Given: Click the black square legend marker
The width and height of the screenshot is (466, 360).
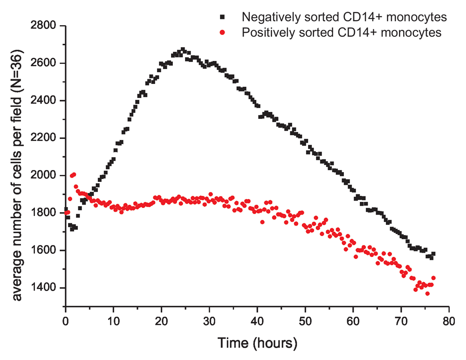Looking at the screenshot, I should pos(223,17).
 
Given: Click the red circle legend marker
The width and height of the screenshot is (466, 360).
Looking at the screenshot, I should pos(223,32).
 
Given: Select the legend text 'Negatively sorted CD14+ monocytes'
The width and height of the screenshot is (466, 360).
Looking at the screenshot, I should pos(344,17).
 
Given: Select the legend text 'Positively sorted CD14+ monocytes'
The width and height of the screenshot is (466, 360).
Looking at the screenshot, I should pos(341,32).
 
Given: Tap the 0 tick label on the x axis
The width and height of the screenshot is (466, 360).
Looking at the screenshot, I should pos(66,321).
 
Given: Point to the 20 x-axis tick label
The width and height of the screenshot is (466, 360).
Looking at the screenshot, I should pos(161,321).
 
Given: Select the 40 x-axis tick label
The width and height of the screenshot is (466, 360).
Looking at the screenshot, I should pos(257,321).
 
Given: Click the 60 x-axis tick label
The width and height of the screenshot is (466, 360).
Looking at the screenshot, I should pos(353,321).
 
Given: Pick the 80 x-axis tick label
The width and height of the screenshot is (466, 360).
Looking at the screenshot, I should pos(448,321).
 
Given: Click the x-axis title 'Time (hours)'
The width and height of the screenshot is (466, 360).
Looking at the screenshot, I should pos(257,344).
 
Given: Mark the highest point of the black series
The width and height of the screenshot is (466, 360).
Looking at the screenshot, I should pos(183,49).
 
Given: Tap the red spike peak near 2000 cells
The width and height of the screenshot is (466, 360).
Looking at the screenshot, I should pos(74,174).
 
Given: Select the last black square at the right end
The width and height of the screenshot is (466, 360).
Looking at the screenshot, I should pos(433,254).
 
